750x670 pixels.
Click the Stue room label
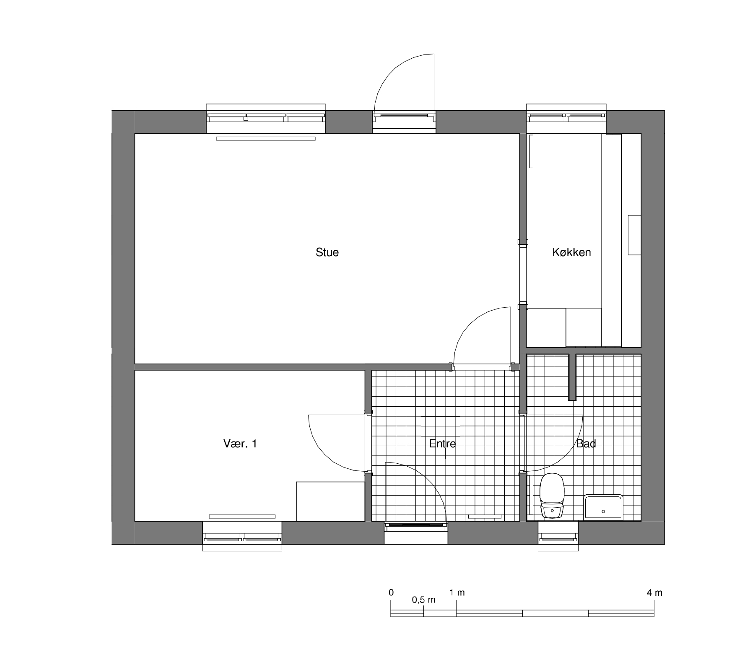327,252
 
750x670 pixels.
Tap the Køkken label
571,252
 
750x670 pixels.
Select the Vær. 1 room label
240,444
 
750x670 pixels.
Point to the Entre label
442,444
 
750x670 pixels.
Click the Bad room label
586,444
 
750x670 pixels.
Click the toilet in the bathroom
552,496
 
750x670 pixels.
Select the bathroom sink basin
603,506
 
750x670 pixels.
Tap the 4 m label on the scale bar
654,593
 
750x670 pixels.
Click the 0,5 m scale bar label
424,600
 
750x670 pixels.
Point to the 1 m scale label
457,593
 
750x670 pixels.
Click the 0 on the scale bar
391,593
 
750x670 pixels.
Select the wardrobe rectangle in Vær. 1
330,501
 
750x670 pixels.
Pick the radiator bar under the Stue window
266,138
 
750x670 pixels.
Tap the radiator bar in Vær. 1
242,516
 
